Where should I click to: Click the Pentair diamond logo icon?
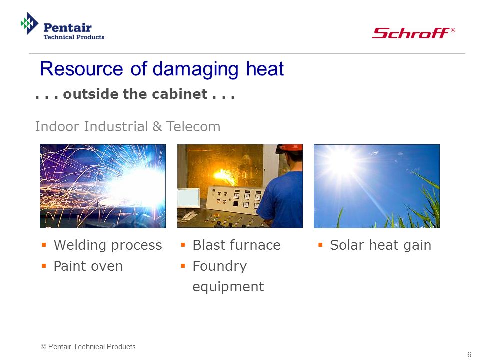(29, 23)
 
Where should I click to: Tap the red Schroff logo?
(413, 33)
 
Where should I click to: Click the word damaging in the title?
(195, 70)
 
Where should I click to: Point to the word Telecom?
(193, 126)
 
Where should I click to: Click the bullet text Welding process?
(108, 245)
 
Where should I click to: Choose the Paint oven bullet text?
(88, 266)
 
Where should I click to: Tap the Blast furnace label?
(236, 245)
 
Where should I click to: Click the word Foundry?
(220, 266)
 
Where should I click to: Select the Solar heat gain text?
(381, 245)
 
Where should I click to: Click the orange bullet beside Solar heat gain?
(320, 245)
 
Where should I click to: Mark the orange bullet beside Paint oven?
(44, 266)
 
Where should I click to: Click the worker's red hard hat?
(289, 148)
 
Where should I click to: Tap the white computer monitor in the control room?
(188, 198)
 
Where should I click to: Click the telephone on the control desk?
(188, 216)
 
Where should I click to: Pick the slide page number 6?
(469, 355)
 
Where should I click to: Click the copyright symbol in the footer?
(44, 347)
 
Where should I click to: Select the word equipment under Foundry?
(228, 287)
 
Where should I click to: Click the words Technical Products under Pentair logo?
(74, 37)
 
